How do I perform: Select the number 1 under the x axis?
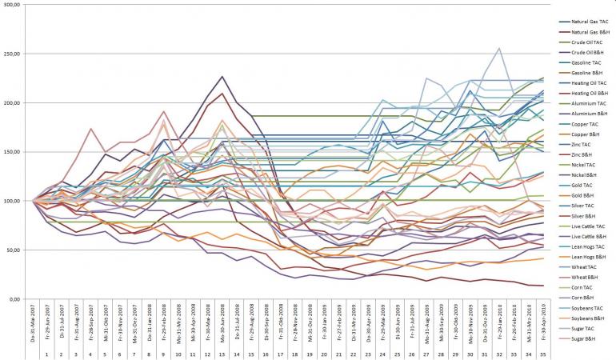[x=46, y=353]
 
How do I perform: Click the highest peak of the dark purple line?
[x=222, y=76]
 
